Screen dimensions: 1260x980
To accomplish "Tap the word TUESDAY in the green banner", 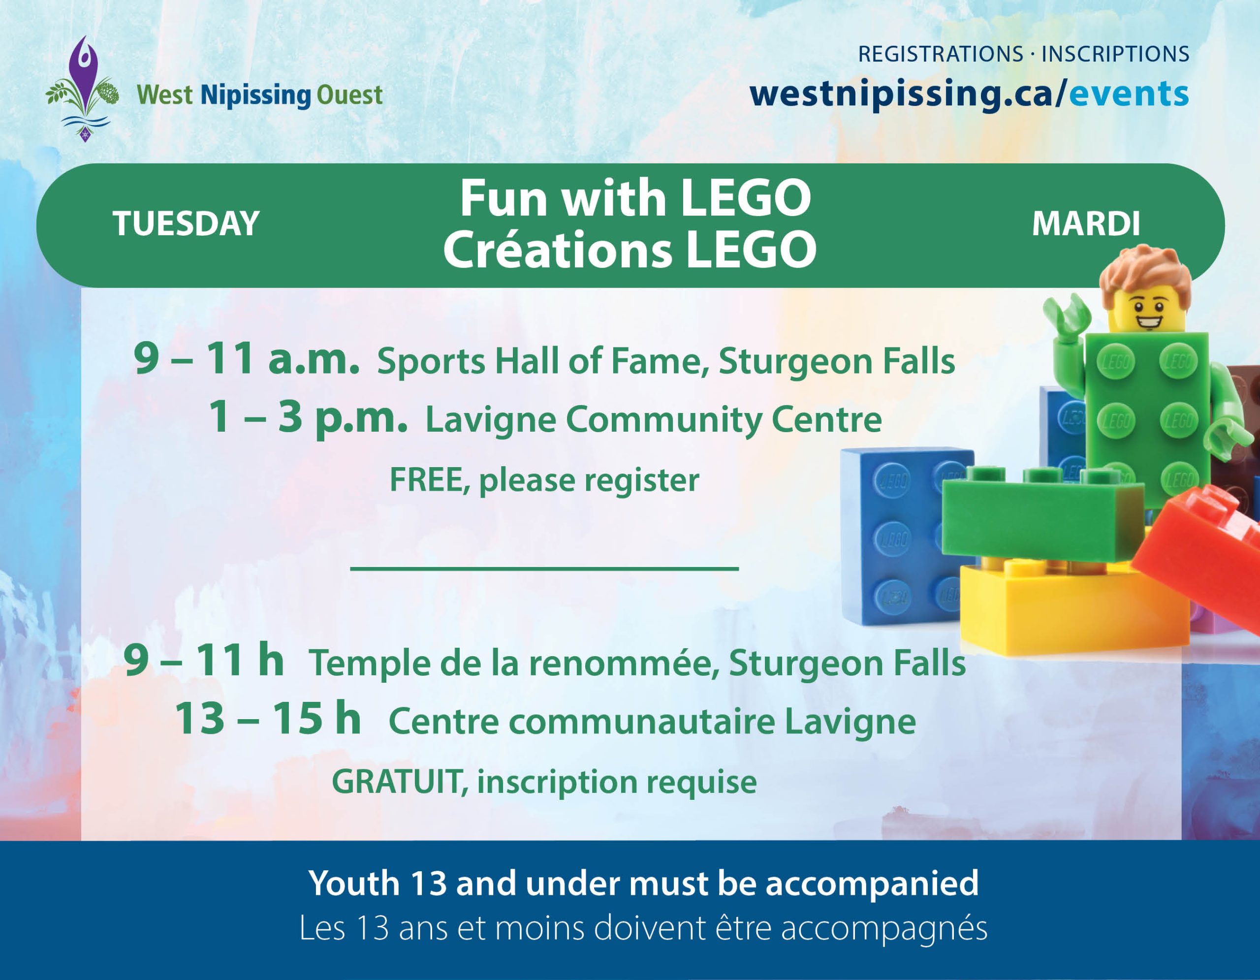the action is (186, 223).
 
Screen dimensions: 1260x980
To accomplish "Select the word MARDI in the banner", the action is (1086, 223).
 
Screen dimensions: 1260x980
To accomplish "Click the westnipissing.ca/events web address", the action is (969, 94).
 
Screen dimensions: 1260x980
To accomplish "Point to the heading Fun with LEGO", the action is (635, 198).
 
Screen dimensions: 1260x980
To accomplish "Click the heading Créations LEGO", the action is (630, 249).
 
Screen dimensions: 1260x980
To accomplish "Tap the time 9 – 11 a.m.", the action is (247, 358).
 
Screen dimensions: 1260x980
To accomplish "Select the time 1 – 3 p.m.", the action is (308, 417).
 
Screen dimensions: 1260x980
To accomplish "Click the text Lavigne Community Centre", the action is (653, 419).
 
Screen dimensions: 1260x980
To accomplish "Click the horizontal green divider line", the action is (545, 569).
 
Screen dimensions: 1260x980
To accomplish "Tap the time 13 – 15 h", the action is (268, 719).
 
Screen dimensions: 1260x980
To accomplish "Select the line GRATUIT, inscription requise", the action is (544, 782).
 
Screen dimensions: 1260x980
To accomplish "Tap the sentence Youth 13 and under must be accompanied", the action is (643, 884).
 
